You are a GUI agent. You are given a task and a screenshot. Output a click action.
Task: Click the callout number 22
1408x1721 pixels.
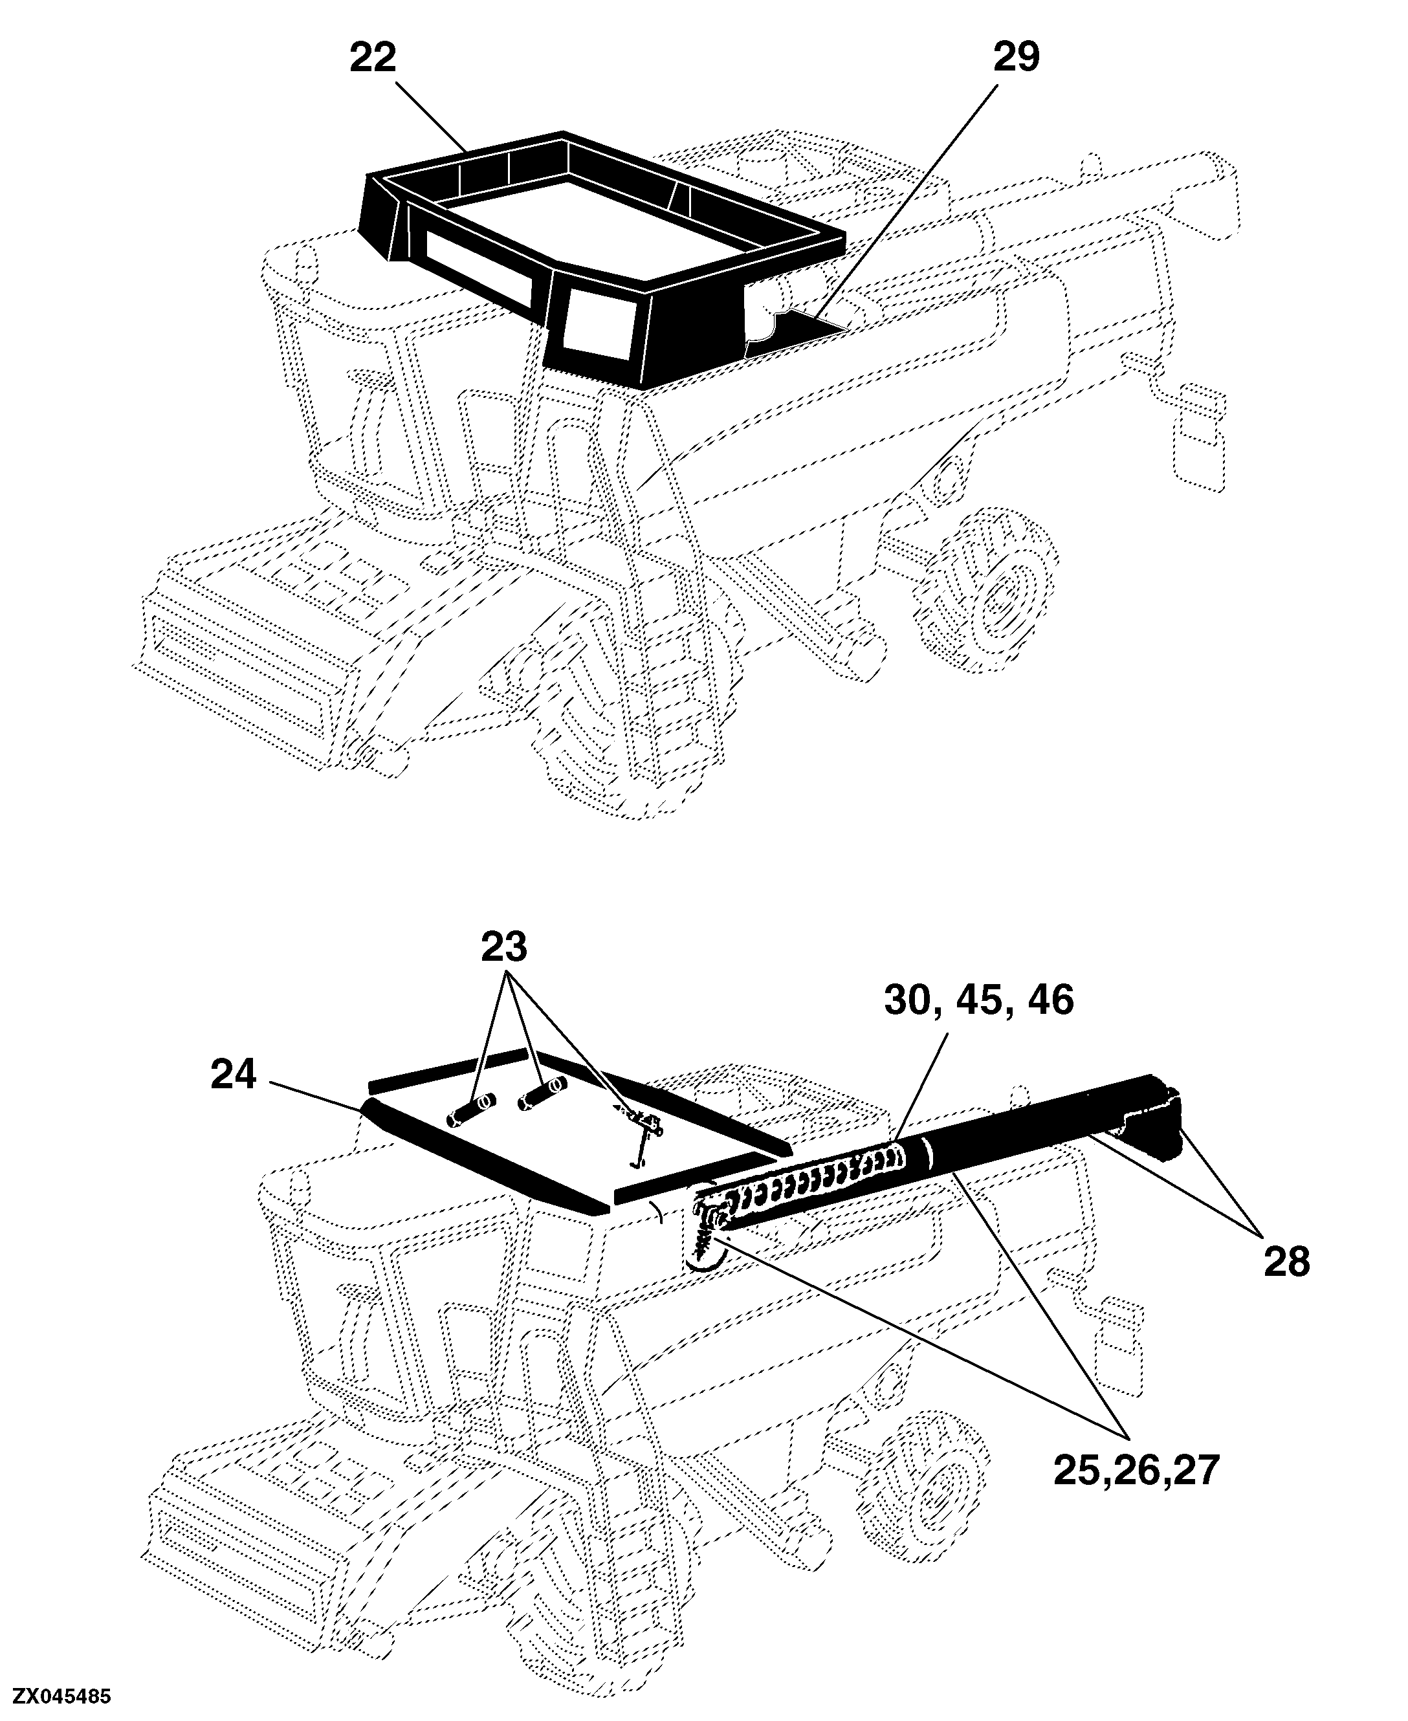coord(373,58)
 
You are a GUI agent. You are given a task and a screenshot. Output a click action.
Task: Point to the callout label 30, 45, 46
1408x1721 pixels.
coord(979,1001)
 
